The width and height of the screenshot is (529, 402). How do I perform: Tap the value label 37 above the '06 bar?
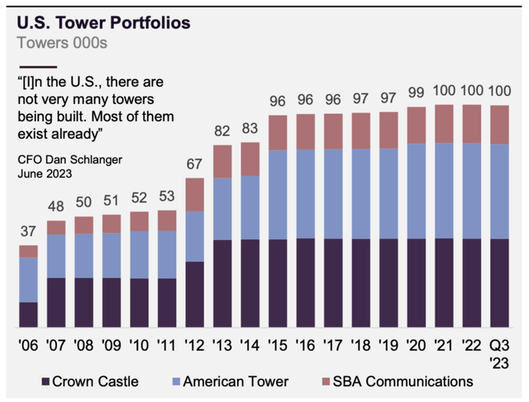coord(28,230)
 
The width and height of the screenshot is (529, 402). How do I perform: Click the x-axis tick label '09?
coord(112,348)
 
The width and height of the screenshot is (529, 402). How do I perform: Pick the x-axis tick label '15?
coord(279,348)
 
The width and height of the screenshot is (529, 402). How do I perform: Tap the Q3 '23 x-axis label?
coord(501,355)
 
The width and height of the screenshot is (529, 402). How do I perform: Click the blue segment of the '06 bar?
coord(28,280)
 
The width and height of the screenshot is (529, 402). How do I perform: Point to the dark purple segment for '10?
coord(140,302)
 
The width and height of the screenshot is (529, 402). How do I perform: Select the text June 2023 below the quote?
coord(45,173)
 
